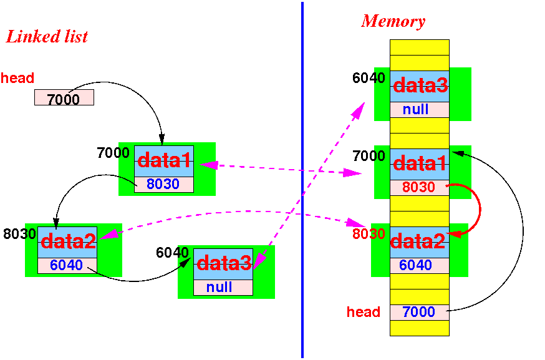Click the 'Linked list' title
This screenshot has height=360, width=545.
pos(47,37)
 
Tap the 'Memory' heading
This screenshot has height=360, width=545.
pos(393,21)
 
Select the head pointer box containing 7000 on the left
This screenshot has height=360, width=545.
pos(64,97)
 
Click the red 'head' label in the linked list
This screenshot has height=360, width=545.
pos(17,78)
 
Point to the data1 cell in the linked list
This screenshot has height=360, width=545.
pos(164,161)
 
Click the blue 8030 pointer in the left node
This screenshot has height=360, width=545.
pos(163,184)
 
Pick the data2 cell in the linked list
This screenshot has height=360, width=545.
pos(67,242)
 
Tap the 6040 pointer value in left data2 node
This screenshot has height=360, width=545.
pos(66,265)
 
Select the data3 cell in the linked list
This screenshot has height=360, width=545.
pos(223,264)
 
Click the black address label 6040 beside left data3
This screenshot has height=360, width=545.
pos(172,253)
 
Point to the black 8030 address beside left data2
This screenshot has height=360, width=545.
pos(19,234)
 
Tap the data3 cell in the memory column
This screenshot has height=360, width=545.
pos(420,86)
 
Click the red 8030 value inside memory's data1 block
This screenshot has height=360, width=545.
pos(418,187)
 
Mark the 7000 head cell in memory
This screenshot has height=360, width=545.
pos(420,312)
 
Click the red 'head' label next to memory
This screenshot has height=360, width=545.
pos(363,312)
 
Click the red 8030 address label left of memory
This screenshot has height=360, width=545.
pos(369,234)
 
